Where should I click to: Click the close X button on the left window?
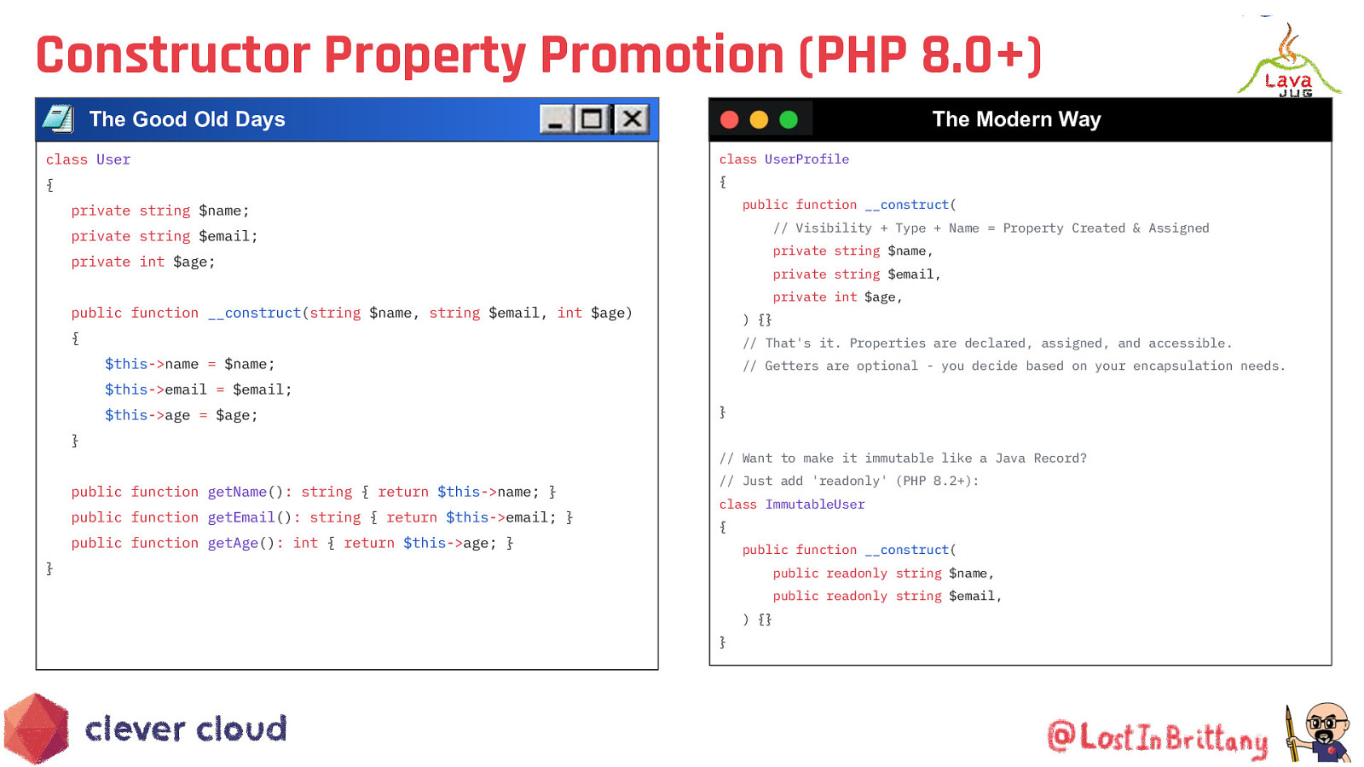[x=632, y=118]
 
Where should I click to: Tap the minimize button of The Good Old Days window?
[x=556, y=118]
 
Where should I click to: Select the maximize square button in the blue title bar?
[x=592, y=118]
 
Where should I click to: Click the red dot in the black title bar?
[x=730, y=119]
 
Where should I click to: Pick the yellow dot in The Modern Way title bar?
[x=759, y=119]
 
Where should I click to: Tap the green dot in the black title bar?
[x=789, y=119]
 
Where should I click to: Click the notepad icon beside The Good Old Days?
[x=59, y=118]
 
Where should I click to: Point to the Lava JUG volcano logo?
[x=1289, y=60]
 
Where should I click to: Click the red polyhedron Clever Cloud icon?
[x=37, y=728]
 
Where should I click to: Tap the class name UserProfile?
[x=806, y=159]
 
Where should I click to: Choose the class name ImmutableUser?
[x=815, y=504]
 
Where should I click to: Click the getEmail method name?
[x=241, y=517]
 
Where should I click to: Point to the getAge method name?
[x=234, y=543]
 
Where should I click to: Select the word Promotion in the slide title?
[x=662, y=55]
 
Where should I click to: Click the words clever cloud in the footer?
[x=186, y=729]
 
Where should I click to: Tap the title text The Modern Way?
[x=1016, y=119]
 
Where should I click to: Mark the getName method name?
[x=237, y=492]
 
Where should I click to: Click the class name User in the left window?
[x=113, y=159]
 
